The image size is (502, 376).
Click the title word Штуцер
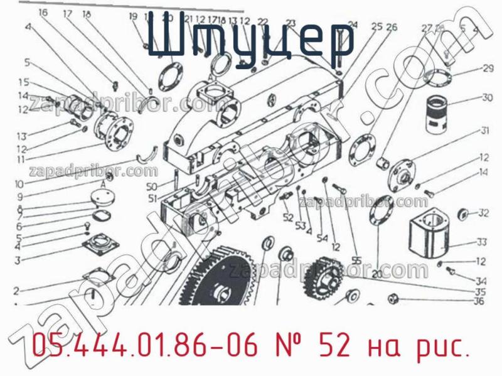tap(251, 39)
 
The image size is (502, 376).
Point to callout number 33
tap(482, 242)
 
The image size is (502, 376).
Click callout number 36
tap(479, 301)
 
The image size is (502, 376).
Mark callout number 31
tap(485, 131)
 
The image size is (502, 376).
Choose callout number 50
tap(151, 186)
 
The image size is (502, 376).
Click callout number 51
tap(151, 199)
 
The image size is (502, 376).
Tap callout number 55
tap(356, 260)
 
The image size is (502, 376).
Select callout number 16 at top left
tap(42, 12)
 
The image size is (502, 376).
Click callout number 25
tap(376, 26)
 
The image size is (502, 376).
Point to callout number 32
tap(483, 213)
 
